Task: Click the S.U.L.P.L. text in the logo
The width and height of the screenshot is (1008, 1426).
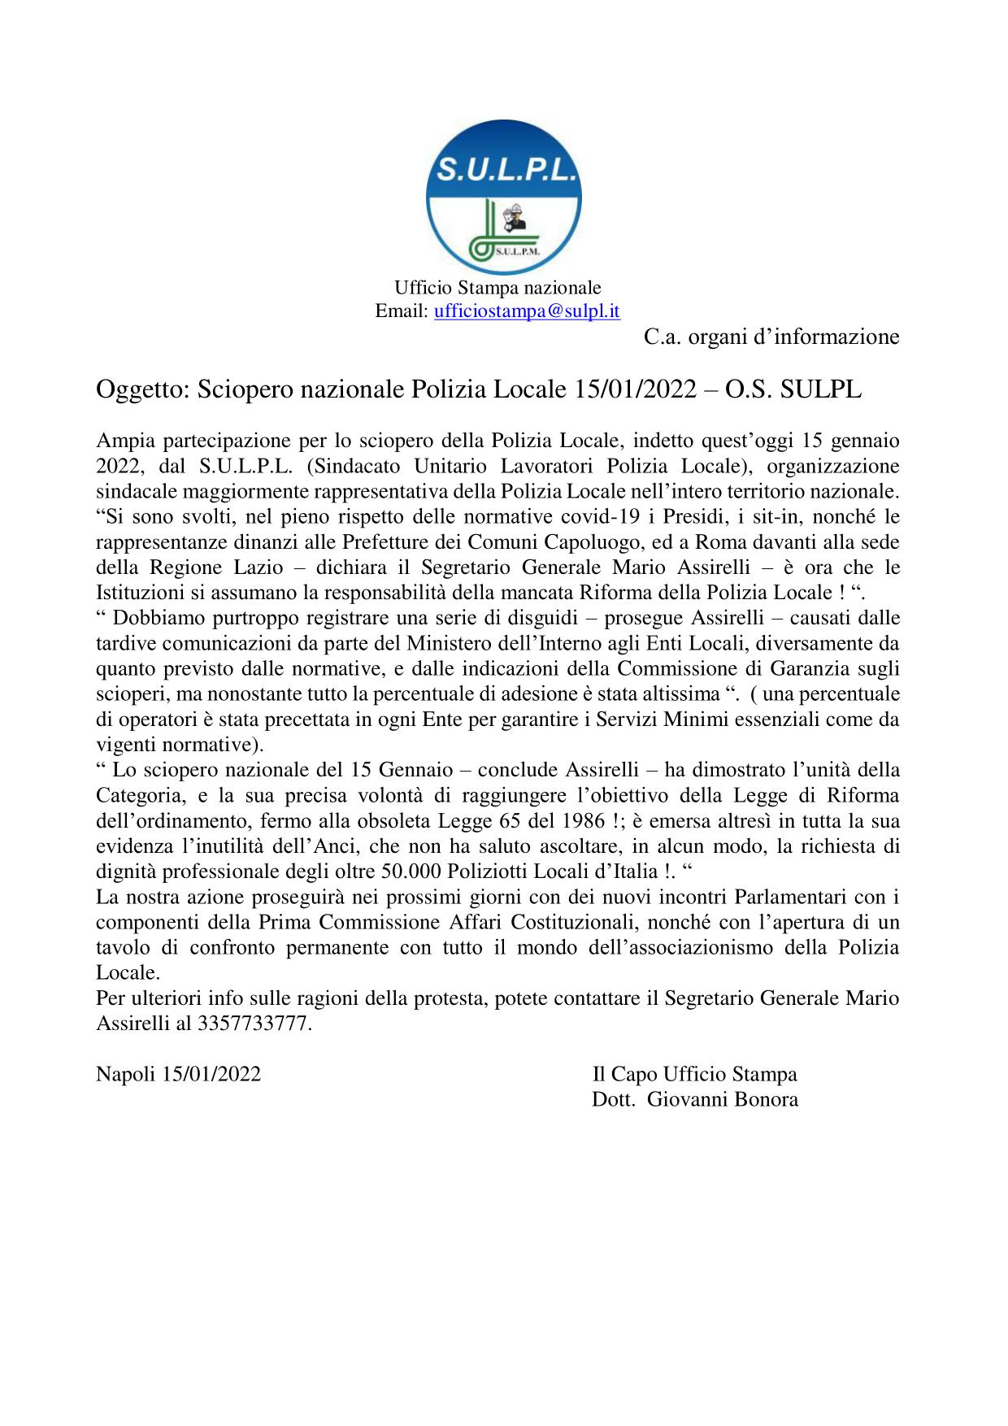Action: [x=503, y=169]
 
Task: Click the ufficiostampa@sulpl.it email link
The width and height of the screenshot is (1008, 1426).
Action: [x=528, y=311]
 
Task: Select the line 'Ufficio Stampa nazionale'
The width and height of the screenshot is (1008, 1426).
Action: [x=497, y=288]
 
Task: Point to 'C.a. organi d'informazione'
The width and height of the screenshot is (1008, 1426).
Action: [x=771, y=336]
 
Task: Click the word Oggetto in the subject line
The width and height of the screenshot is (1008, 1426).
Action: [x=141, y=389]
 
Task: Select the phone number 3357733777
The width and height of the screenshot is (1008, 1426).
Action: [x=253, y=1023]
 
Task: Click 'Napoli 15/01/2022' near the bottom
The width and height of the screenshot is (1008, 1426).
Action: [x=178, y=1074]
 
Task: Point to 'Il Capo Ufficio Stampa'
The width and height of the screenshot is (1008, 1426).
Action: [x=694, y=1074]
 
